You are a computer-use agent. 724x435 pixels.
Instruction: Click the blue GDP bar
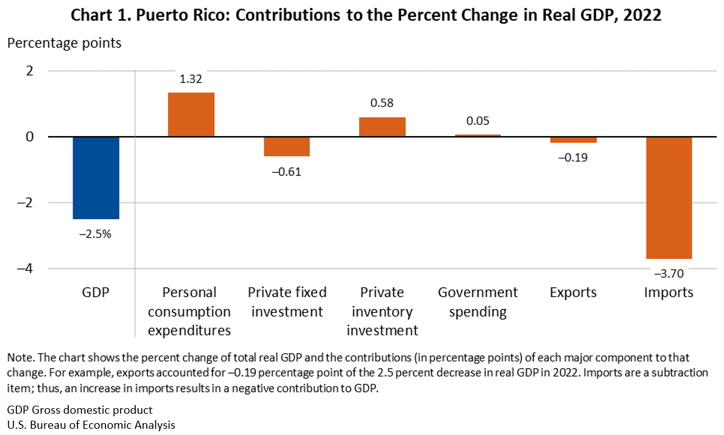(96, 178)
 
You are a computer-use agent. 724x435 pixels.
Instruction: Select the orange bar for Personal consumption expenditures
(191, 115)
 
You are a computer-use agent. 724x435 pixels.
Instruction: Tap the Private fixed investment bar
(287, 146)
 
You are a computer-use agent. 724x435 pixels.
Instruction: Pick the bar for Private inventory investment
(382, 127)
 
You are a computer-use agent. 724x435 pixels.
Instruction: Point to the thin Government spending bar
(477, 135)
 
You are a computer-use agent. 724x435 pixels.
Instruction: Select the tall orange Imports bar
(668, 197)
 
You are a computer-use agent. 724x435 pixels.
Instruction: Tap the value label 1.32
(191, 79)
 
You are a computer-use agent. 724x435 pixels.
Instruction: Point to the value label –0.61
(287, 172)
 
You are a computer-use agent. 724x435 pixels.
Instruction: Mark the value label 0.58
(382, 103)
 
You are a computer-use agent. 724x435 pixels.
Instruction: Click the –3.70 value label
(668, 273)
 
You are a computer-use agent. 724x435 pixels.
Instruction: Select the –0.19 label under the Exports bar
(573, 157)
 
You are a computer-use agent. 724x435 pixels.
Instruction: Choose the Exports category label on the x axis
(573, 292)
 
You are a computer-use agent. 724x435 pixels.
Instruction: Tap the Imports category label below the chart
(668, 292)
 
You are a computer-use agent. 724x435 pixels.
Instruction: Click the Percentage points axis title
(64, 44)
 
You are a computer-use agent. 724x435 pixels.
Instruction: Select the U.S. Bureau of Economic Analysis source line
(91, 424)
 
